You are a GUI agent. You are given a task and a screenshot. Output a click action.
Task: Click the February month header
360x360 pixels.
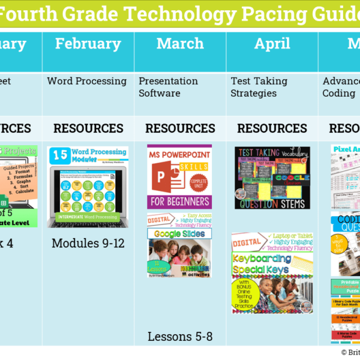click(88, 43)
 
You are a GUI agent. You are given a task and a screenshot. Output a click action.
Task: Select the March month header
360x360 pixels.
click(180, 43)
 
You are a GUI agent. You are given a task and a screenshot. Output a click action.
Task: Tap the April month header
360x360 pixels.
click(272, 43)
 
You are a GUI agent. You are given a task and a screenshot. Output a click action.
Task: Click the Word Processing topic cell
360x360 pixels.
click(87, 81)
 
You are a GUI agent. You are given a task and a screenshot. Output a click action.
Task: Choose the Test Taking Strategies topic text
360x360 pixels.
click(259, 87)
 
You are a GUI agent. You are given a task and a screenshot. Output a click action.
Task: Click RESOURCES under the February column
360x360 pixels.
click(88, 128)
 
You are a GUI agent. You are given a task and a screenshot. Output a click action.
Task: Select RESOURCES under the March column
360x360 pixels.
click(180, 128)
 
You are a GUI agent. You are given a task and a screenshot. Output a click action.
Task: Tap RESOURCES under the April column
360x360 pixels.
click(272, 128)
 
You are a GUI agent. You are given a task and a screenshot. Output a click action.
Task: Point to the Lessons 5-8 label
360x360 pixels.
click(180, 336)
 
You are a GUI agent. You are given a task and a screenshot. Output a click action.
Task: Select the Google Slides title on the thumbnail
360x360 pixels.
click(179, 233)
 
